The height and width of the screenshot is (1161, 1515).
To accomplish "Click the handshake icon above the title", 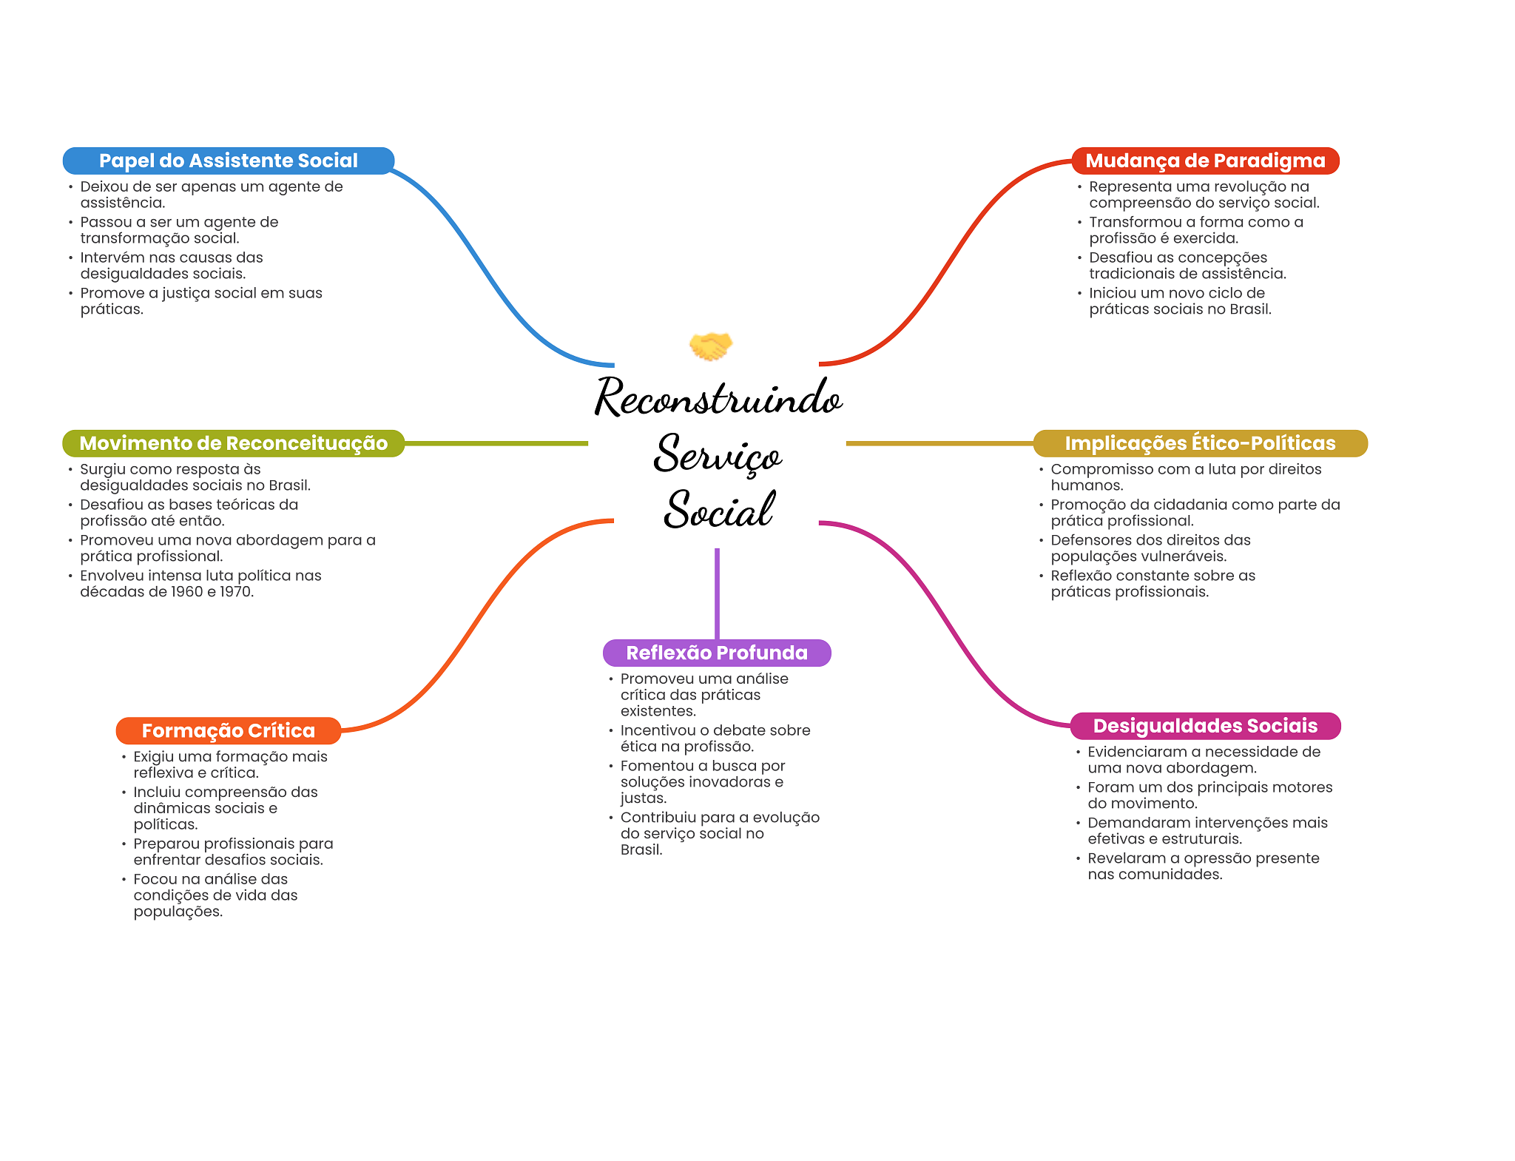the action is (x=710, y=346).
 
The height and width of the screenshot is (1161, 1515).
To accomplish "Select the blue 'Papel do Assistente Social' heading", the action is (x=228, y=161).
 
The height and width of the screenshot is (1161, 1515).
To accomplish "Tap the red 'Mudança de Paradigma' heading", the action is (x=1205, y=161).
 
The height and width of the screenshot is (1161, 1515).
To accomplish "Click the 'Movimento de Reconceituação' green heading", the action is (x=233, y=443).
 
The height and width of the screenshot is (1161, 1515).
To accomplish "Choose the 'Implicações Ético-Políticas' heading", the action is (x=1200, y=443).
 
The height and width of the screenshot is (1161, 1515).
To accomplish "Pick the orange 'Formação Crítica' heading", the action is (x=228, y=730).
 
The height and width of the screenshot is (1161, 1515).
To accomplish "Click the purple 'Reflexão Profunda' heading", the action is (x=717, y=653).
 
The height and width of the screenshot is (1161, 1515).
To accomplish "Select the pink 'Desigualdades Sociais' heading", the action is (x=1205, y=725).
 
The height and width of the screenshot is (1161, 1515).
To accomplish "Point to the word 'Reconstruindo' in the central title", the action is (x=718, y=397).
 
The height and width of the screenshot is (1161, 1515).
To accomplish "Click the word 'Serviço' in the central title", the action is (x=718, y=454).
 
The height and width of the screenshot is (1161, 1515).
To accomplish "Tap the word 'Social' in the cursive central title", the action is (x=718, y=510).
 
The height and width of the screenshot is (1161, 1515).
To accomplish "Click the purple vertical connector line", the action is (x=717, y=592).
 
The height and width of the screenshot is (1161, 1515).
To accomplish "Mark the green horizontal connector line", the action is (x=496, y=443).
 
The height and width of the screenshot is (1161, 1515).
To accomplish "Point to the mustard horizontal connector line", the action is (x=939, y=443).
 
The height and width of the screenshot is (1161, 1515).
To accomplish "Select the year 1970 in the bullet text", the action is (x=236, y=592).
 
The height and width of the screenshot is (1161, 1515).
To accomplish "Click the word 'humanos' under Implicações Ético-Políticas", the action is (x=1086, y=485).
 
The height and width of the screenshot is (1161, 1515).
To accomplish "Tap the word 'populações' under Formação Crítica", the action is (x=177, y=912).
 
